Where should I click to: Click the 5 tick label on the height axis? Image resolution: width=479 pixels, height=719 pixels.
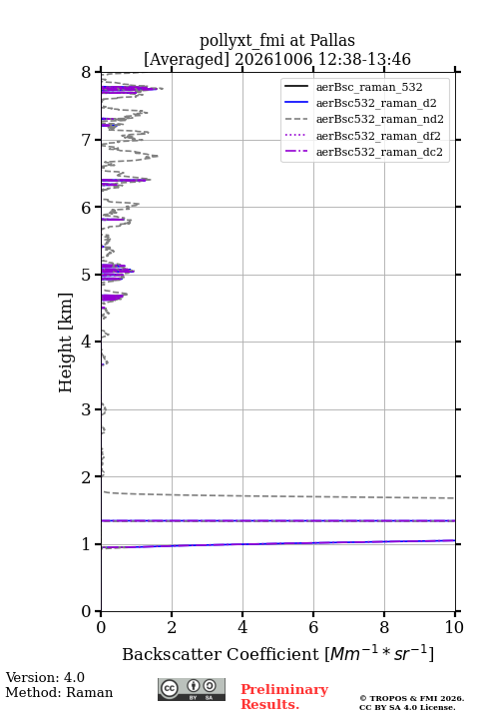coord(86,276)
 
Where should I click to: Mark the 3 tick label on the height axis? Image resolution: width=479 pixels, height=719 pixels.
coord(86,409)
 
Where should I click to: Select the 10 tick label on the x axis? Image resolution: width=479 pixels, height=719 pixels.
coord(454,627)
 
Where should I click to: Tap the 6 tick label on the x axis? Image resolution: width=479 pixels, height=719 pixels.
coord(313,627)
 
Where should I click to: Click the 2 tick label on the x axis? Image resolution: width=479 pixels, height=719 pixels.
coord(172,627)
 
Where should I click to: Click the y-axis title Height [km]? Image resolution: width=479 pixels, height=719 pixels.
coord(66,343)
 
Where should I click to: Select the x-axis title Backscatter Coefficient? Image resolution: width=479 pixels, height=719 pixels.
coord(220,654)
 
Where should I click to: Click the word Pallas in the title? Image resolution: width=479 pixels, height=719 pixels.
coord(332,40)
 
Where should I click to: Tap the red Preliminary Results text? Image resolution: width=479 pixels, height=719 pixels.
coord(284,697)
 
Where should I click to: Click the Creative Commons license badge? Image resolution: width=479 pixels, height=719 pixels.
coord(192,689)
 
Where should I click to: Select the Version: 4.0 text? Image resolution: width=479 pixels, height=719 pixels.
coord(45,677)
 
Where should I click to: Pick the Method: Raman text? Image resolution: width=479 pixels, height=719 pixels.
coord(59,692)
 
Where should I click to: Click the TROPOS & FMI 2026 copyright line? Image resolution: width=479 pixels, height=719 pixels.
coord(411,698)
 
